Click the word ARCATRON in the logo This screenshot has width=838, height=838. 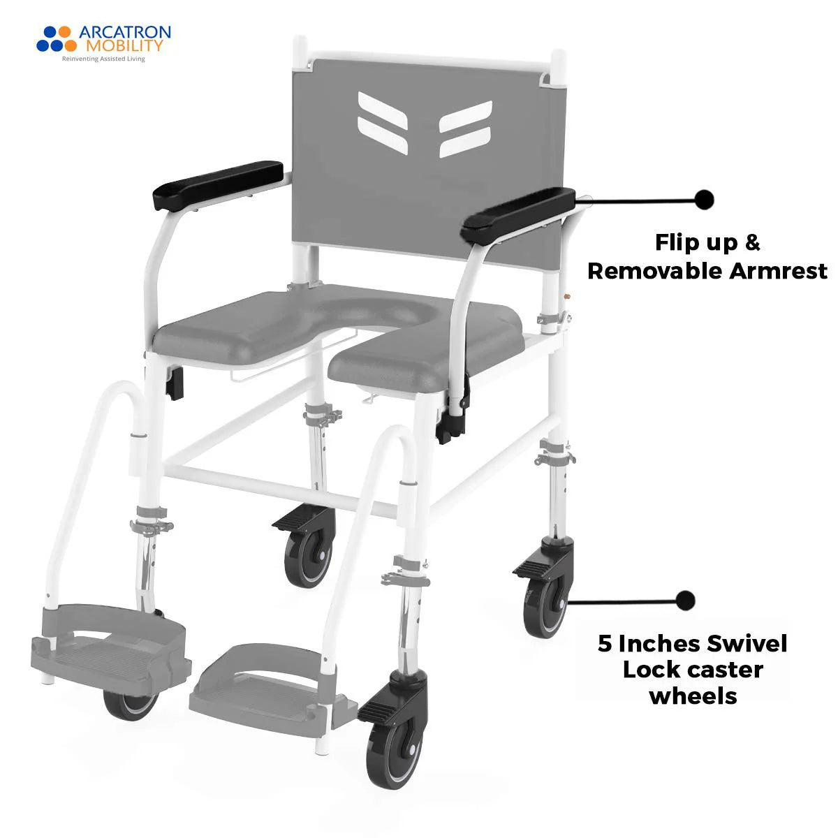tap(124, 32)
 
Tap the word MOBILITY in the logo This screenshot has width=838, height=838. tap(124, 46)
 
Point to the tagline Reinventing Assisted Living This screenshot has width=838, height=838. tap(103, 59)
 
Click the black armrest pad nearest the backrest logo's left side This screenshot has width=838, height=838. tap(218, 184)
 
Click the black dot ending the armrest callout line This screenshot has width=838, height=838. tap(705, 199)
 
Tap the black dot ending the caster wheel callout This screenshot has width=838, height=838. tap(686, 600)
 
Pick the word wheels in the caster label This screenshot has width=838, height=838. tap(693, 696)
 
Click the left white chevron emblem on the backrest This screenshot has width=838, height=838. tap(385, 113)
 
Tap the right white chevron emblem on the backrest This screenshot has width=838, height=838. tap(465, 128)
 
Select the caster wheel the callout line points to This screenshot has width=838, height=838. tap(544, 605)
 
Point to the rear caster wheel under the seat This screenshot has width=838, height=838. tap(308, 551)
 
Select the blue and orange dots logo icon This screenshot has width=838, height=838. tap(54, 39)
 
